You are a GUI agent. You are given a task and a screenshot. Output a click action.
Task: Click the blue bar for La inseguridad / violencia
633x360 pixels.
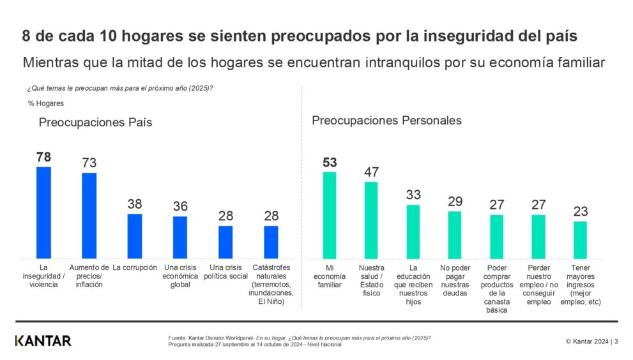[43, 212]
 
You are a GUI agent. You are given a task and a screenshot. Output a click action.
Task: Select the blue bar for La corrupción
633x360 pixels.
[135, 236]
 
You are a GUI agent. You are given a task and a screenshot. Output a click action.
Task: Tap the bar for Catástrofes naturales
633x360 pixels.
[271, 241]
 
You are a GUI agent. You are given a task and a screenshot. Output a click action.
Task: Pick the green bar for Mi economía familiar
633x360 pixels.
[330, 214]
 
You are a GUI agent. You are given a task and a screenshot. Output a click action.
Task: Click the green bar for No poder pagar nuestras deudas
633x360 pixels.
[455, 234]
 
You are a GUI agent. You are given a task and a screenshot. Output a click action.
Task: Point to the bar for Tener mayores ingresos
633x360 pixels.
[580, 239]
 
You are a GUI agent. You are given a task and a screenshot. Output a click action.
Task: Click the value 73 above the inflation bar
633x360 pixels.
[89, 163]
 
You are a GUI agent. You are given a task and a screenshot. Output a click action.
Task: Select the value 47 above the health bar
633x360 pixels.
[371, 172]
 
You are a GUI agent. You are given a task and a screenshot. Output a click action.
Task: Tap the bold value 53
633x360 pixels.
[330, 162]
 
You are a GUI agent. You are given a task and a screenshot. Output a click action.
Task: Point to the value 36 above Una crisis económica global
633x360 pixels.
[180, 206]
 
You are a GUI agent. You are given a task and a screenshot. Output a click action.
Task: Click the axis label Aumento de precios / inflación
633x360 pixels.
[89, 276]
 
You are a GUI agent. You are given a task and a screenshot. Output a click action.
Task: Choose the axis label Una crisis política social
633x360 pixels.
[225, 271]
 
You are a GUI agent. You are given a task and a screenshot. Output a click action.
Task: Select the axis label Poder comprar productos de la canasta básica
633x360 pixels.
[496, 289]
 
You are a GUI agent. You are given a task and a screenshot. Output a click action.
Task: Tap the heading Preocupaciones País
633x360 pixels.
[95, 123]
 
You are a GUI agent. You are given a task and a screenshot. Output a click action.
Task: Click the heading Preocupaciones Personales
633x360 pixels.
[386, 120]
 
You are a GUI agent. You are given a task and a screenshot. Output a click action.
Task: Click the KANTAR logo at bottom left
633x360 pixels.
[43, 340]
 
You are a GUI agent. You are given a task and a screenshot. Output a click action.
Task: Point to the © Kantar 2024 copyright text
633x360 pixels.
[588, 341]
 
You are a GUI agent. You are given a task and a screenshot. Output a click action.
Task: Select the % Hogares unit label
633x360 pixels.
[45, 103]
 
